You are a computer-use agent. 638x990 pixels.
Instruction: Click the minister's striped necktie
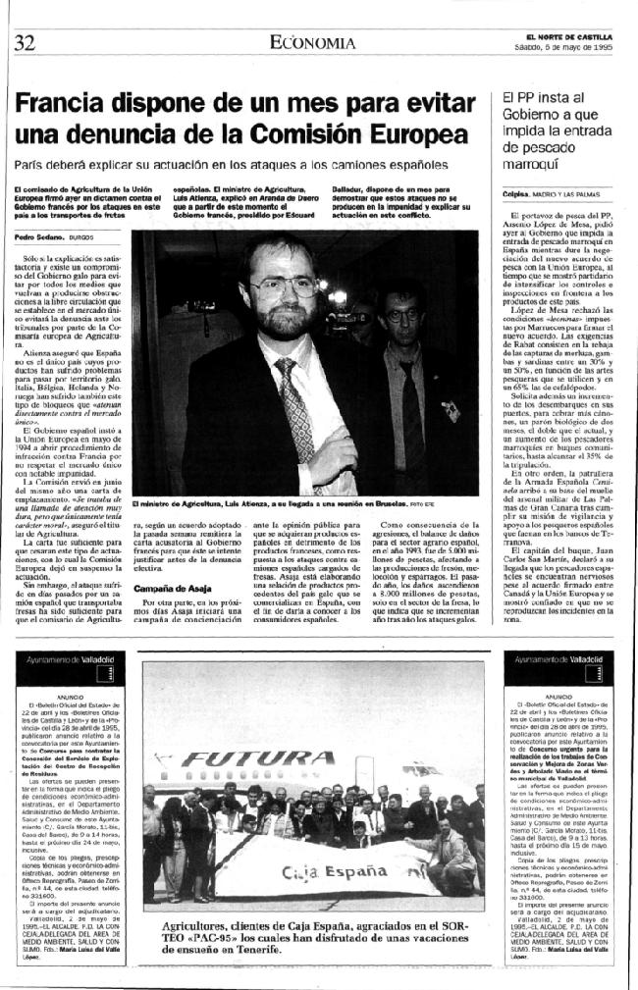tap(295, 402)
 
